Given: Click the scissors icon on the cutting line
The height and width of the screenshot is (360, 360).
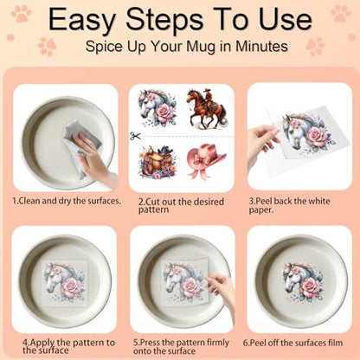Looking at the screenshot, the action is pyautogui.click(x=135, y=136).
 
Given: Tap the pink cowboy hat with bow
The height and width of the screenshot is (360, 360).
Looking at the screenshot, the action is pyautogui.click(x=207, y=161).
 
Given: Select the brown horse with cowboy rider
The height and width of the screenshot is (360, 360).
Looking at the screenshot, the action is pyautogui.click(x=207, y=109).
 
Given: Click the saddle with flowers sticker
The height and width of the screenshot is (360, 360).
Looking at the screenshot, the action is pyautogui.click(x=157, y=162).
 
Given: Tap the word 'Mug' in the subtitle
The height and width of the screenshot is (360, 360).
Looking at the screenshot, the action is pyautogui.click(x=201, y=47).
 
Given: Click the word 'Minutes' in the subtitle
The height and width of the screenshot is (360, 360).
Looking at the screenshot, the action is pyautogui.click(x=261, y=47).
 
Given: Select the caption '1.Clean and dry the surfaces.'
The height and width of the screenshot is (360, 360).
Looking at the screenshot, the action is pyautogui.click(x=67, y=201).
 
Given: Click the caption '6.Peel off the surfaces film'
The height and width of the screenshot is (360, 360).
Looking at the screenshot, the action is pyautogui.click(x=292, y=343).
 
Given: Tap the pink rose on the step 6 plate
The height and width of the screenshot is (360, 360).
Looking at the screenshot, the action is pyautogui.click(x=310, y=287).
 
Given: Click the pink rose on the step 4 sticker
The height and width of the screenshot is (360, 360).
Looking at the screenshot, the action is pyautogui.click(x=72, y=287).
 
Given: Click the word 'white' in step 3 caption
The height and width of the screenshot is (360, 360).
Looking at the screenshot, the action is pyautogui.click(x=318, y=201).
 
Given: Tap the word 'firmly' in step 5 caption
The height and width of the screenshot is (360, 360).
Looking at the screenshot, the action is pyautogui.click(x=218, y=343).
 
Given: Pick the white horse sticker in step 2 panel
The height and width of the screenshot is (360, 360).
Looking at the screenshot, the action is pyautogui.click(x=157, y=108).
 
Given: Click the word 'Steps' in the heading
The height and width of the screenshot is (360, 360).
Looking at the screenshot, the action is pyautogui.click(x=165, y=20).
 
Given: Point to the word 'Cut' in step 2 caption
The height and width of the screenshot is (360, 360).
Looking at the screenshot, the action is pyautogui.click(x=152, y=202).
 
